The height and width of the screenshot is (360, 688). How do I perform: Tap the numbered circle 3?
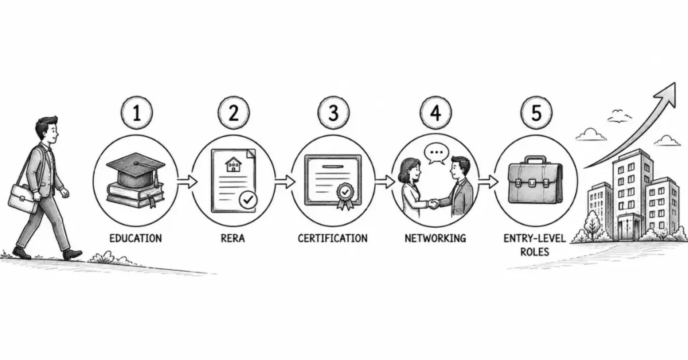[x=333, y=113]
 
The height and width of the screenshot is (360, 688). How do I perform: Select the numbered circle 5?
[x=536, y=113]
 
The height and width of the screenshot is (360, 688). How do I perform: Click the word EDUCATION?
[x=136, y=238]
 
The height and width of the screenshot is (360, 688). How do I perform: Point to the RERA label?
[x=233, y=238]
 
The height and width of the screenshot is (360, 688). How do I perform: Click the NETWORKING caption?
[x=435, y=238]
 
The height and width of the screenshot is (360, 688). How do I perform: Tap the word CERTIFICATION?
[x=333, y=238]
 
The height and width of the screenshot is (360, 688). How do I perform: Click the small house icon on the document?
[x=233, y=165]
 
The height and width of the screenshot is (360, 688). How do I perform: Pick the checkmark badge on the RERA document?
[x=248, y=200]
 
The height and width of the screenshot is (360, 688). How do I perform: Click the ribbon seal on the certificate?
[x=345, y=195]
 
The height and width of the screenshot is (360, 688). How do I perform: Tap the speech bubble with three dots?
[x=437, y=154]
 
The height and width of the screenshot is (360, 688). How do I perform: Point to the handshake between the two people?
[x=433, y=204]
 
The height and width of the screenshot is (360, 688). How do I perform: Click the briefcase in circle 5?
[x=535, y=181]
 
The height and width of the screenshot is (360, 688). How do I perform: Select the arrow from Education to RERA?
[x=187, y=181]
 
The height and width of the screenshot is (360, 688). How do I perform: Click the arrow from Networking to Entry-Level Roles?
[x=488, y=181]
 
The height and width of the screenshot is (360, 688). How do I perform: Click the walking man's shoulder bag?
[x=22, y=198]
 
